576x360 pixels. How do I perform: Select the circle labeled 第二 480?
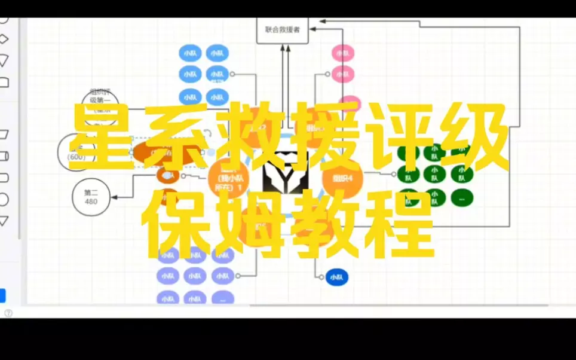click(x=91, y=197)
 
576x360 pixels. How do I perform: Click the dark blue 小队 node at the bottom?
click(x=336, y=277)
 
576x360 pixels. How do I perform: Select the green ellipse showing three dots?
click(x=461, y=197)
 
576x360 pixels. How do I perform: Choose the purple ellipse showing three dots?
click(x=222, y=298)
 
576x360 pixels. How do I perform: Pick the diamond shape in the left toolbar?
click(x=4, y=39)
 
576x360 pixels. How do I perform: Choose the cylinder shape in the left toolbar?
click(x=4, y=156)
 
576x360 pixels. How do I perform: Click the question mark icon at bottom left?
click(x=8, y=312)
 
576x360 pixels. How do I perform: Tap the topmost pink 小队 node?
click(x=342, y=53)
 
